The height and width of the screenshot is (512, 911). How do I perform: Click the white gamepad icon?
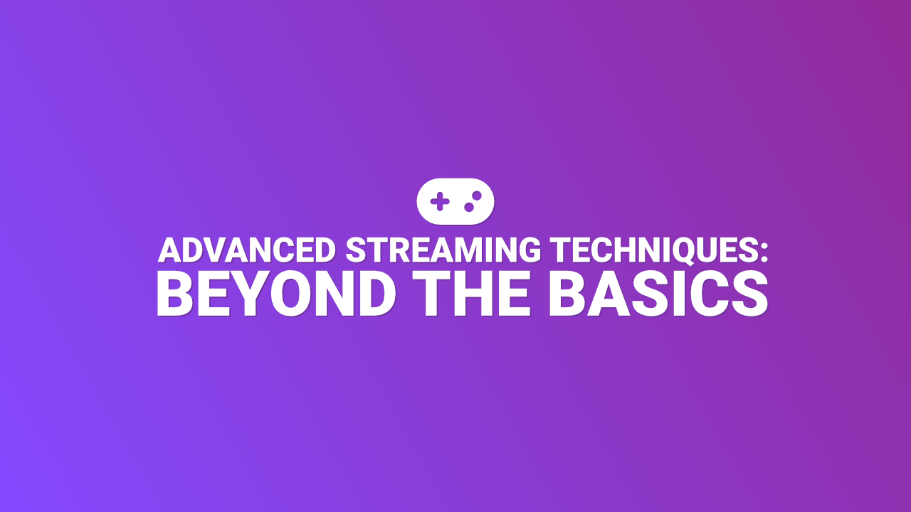pos(455,201)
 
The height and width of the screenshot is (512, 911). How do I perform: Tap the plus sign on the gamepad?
pos(441,201)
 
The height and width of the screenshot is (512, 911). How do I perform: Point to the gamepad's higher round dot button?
pos(477,195)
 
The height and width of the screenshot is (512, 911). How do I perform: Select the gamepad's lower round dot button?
pos(469,206)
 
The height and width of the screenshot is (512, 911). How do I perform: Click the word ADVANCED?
pos(247,250)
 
